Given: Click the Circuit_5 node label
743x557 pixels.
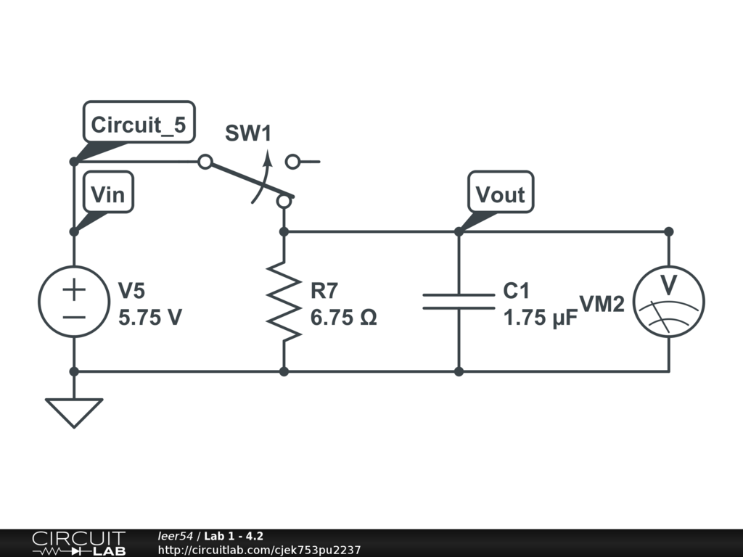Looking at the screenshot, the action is pyautogui.click(x=139, y=122).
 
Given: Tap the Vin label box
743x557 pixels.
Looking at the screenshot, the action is pyautogui.click(x=108, y=191).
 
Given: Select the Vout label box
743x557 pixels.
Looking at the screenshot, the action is pyautogui.click(x=501, y=191).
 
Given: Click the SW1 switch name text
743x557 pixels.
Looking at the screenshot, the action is pyautogui.click(x=248, y=133).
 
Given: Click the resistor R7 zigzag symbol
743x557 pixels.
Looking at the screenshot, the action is pyautogui.click(x=284, y=301).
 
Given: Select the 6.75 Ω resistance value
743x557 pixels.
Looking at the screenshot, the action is pyautogui.click(x=343, y=318).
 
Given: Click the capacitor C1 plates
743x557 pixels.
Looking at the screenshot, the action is pyautogui.click(x=459, y=302).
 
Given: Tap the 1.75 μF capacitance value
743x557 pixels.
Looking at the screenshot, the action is pyautogui.click(x=540, y=318).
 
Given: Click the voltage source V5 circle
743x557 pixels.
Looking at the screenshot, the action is pyautogui.click(x=74, y=302).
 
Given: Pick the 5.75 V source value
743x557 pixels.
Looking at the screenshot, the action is pyautogui.click(x=149, y=318).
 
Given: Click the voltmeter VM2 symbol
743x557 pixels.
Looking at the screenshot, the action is pyautogui.click(x=668, y=302).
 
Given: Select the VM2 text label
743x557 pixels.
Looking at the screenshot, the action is pyautogui.click(x=602, y=304).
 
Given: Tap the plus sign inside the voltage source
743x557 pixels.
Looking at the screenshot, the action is pyautogui.click(x=74, y=289).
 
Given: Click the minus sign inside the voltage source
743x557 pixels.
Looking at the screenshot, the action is pyautogui.click(x=74, y=318).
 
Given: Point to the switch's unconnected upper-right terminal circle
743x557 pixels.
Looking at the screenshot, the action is pyautogui.click(x=293, y=162).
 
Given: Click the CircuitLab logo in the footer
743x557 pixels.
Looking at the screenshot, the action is pyautogui.click(x=78, y=542).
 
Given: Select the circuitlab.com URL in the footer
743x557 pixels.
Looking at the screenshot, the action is pyautogui.click(x=259, y=550).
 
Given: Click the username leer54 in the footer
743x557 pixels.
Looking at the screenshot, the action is pyautogui.click(x=175, y=536).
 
